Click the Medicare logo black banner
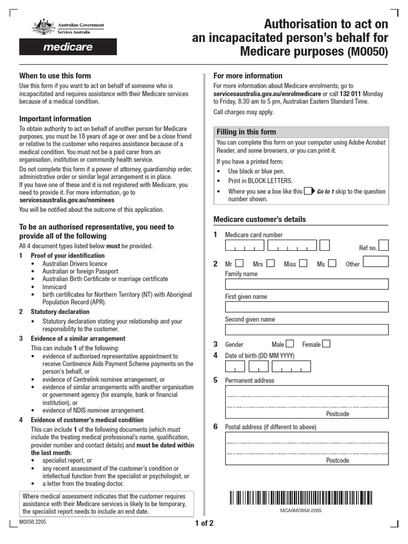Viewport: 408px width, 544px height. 67,47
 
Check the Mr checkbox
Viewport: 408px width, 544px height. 240,263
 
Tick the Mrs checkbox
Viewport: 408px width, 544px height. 270,263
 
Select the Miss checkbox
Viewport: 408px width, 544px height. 303,263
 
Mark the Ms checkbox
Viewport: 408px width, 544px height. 332,263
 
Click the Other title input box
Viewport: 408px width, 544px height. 376,261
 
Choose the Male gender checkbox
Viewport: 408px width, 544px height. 290,344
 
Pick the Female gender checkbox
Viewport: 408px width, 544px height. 326,344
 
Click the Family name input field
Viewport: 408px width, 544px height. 307,284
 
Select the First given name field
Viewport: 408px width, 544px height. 307,307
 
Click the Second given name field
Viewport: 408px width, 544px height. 307,330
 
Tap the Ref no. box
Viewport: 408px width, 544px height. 383,245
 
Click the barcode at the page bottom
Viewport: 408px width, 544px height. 301,498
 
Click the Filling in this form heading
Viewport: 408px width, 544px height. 246,132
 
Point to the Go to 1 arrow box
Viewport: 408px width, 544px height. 309,191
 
